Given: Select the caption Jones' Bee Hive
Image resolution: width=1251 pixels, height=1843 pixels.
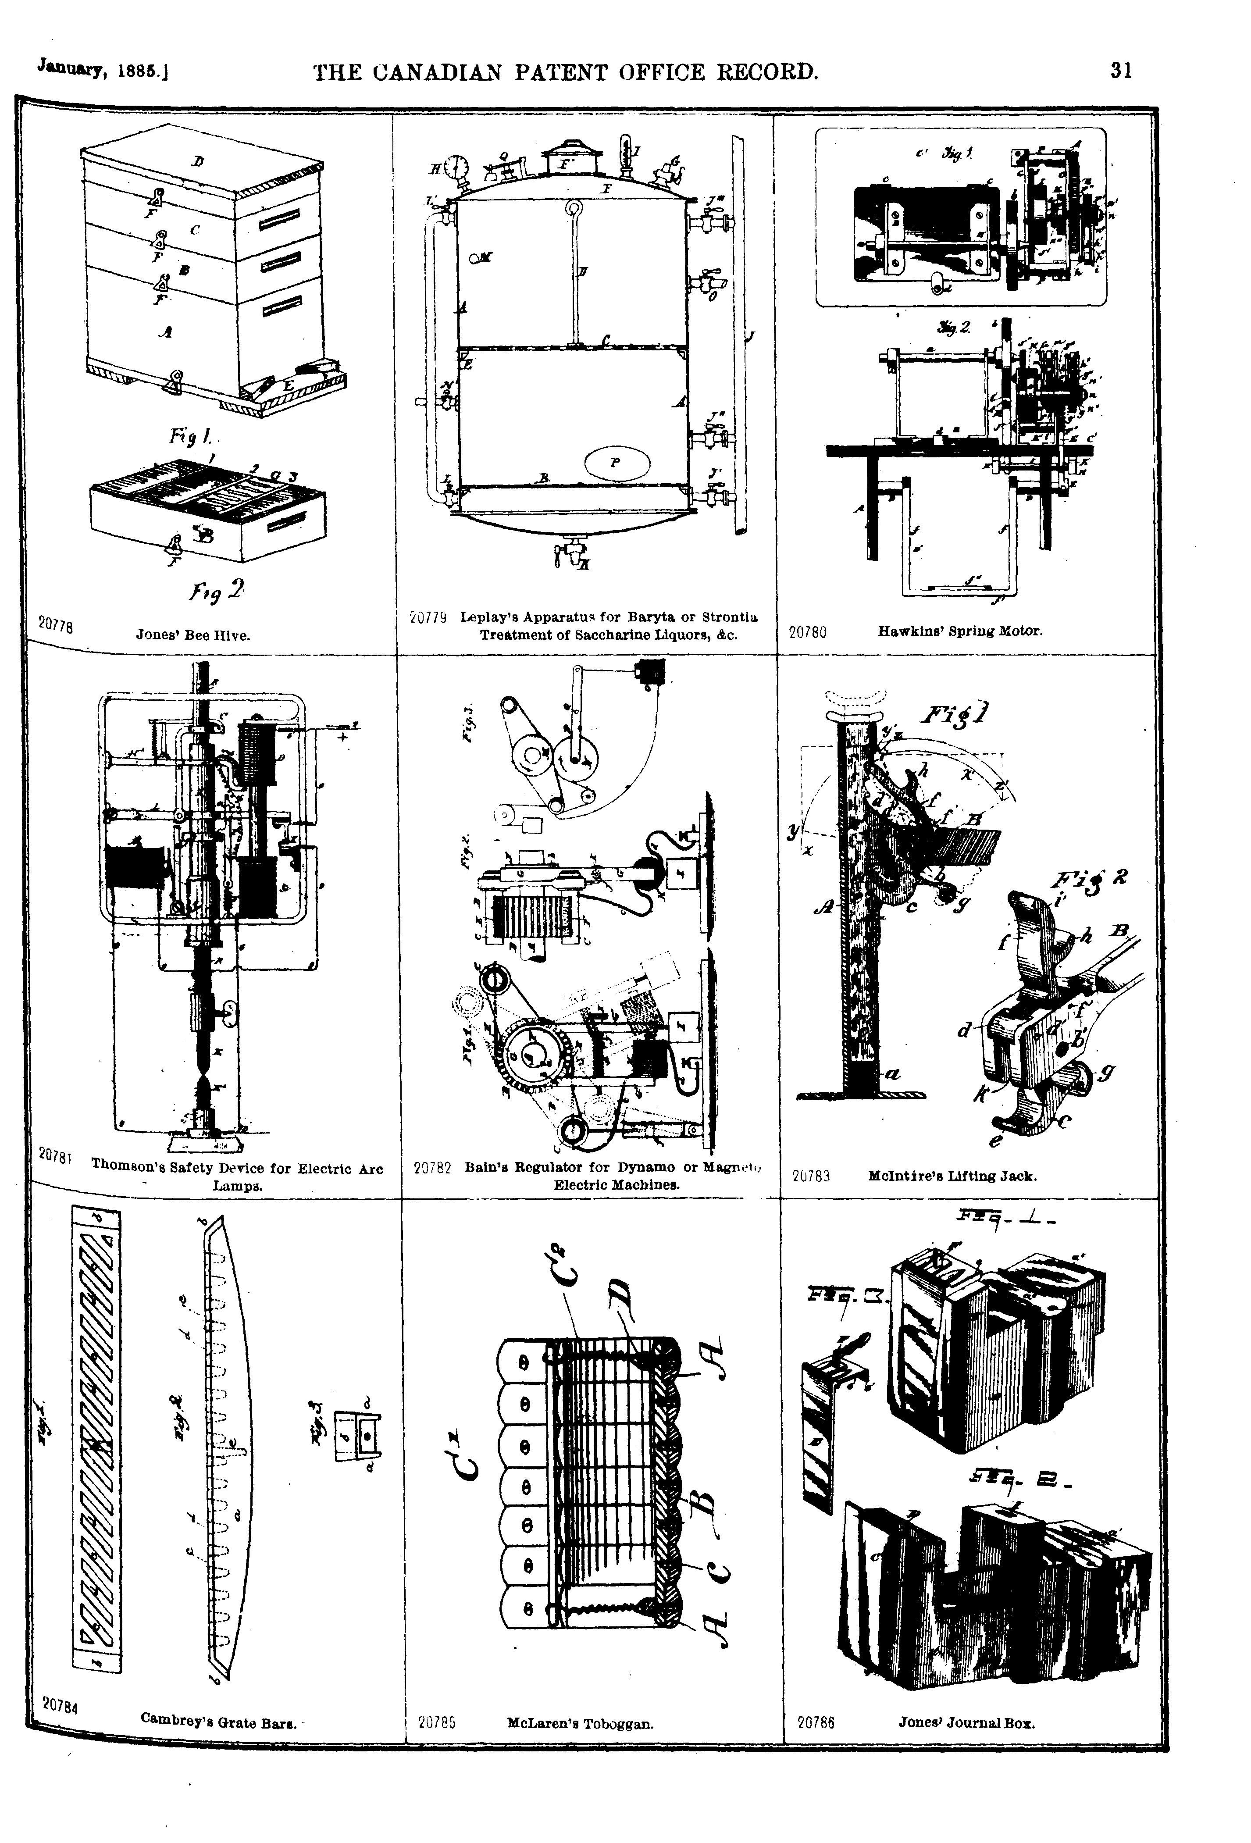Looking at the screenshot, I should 193,635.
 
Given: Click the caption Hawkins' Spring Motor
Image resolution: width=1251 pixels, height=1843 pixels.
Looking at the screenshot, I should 960,631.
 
